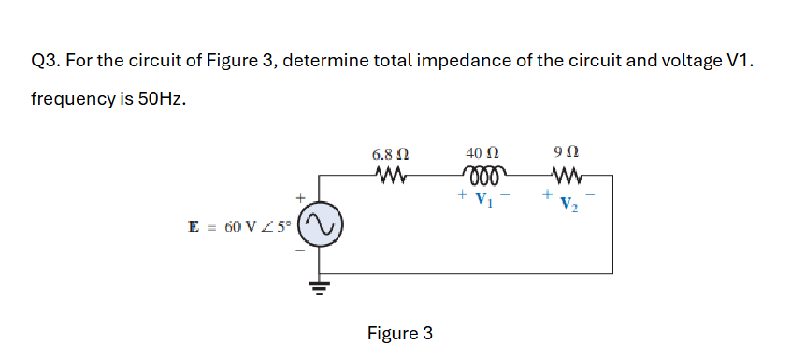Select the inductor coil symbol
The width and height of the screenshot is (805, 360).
pyautogui.click(x=486, y=175)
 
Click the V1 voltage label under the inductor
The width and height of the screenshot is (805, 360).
pyautogui.click(x=483, y=199)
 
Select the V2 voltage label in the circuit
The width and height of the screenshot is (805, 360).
pyautogui.click(x=569, y=204)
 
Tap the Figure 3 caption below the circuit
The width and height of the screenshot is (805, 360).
pyautogui.click(x=400, y=333)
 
